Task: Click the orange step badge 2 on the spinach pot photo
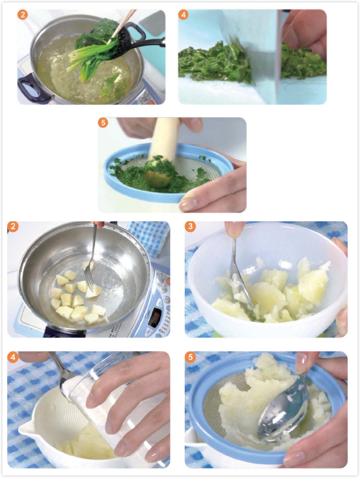22,14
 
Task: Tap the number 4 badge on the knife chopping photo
183,14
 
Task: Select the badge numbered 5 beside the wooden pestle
103,123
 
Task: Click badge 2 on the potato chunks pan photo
13,227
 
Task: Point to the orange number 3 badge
190,227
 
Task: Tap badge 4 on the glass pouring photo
13,357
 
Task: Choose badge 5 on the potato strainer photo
190,357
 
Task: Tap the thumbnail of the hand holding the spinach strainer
189,204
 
